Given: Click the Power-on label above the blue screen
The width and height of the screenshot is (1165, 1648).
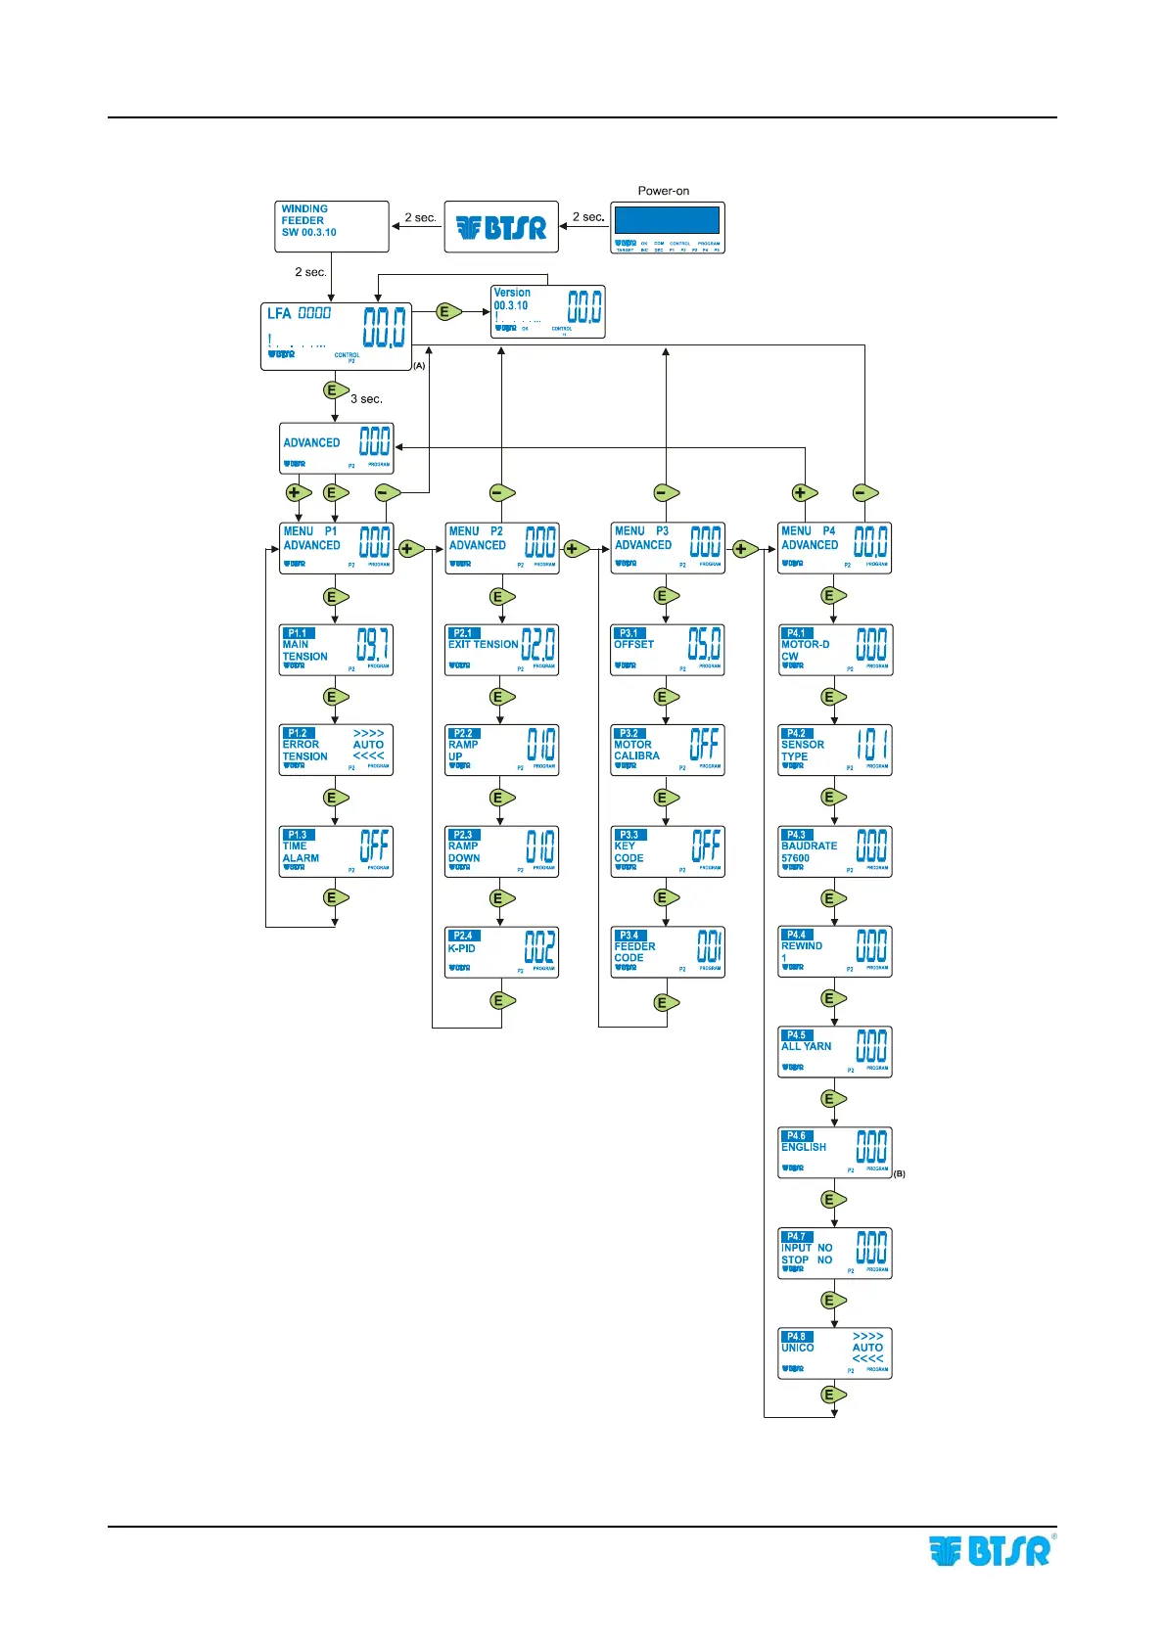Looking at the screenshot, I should pos(663,191).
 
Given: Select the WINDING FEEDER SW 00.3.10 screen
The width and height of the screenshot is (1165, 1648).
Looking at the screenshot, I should pos(332,227).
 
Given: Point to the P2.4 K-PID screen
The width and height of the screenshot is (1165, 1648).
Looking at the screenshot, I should pos(501,952).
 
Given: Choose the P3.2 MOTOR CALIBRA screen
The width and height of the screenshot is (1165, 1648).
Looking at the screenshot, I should pos(668,751).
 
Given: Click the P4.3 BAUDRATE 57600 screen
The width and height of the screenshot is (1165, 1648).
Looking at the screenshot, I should pos(834,851).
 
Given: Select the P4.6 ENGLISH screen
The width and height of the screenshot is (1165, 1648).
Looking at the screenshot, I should pos(834,1153).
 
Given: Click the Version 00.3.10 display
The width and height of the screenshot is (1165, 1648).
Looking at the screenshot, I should pos(547,312).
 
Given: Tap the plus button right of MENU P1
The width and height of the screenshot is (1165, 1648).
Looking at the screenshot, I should pos(407,549).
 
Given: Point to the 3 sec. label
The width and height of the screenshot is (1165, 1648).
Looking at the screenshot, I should pos(366,399).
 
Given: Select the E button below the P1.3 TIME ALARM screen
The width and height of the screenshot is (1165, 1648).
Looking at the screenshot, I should pos(334,897).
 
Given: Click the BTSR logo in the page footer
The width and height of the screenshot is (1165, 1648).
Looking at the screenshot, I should pos(991,1551).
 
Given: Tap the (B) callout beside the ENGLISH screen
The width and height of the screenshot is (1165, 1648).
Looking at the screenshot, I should pos(899,1173).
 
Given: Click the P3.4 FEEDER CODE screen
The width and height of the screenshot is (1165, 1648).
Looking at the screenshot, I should pos(668,952).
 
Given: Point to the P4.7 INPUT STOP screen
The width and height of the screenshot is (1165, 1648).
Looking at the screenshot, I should pos(834,1254).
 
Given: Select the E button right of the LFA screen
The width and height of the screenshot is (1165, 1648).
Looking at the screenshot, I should pos(446,312).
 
